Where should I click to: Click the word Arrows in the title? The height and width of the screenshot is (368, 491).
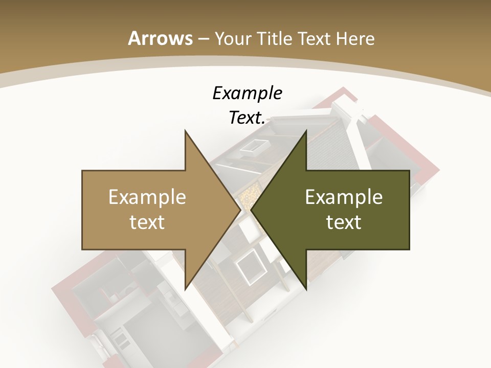click(x=161, y=38)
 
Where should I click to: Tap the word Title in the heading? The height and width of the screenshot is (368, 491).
click(x=274, y=38)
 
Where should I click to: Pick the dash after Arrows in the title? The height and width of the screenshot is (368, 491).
click(x=204, y=39)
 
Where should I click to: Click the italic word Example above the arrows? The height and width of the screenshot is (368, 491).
click(x=247, y=94)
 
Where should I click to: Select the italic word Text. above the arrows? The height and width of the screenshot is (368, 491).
click(x=247, y=118)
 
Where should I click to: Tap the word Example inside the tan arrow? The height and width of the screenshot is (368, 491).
click(x=147, y=197)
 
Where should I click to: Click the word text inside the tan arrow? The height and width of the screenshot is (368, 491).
click(x=147, y=222)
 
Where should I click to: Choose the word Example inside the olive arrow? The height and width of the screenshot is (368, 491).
click(x=344, y=197)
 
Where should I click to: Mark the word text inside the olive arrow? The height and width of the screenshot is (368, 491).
click(x=344, y=222)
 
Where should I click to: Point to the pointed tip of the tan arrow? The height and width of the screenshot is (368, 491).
click(x=240, y=210)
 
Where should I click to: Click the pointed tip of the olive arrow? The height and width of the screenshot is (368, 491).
click(x=251, y=210)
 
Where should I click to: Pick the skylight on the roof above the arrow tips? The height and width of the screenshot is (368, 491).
click(x=251, y=147)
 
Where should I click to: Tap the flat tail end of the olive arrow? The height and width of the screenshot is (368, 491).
click(x=409, y=210)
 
